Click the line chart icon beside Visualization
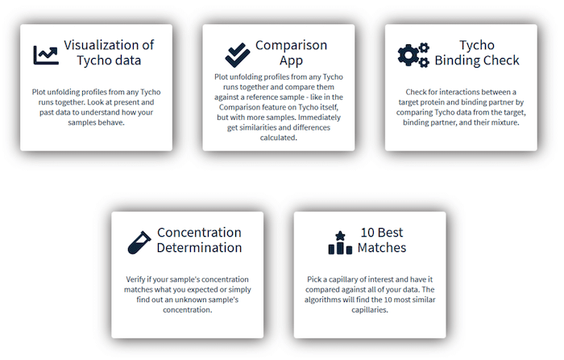pyautogui.click(x=46, y=56)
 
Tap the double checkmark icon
pyautogui.click(x=238, y=55)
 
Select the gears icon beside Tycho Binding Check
pyautogui.click(x=413, y=55)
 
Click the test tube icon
pyautogui.click(x=139, y=242)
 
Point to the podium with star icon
pyautogui.click(x=340, y=242)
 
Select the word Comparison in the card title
pyautogui.click(x=292, y=45)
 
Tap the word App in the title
pyautogui.click(x=292, y=60)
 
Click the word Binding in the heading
pyautogui.click(x=457, y=60)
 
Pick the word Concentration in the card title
pyautogui.click(x=199, y=232)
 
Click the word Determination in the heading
pyautogui.click(x=199, y=247)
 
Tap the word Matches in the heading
pyautogui.click(x=382, y=247)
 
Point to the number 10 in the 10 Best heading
pyautogui.click(x=367, y=232)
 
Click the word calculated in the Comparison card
pyautogui.click(x=279, y=138)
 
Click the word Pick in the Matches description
pyautogui.click(x=313, y=279)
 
